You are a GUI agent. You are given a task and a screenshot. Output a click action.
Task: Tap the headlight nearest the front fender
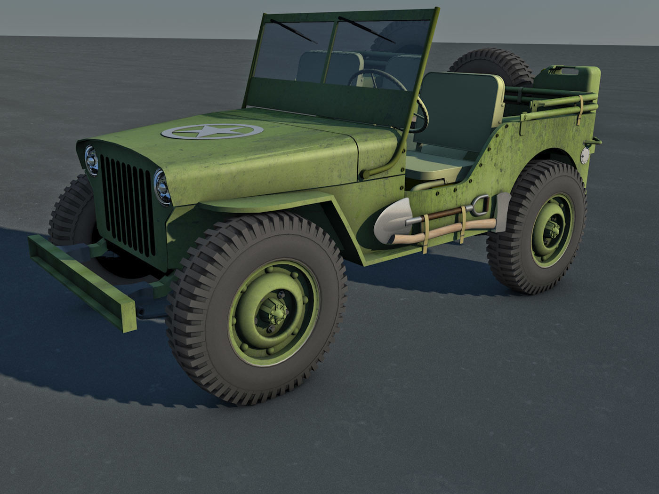[162, 187]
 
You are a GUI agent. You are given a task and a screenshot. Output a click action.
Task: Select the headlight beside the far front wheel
[91, 160]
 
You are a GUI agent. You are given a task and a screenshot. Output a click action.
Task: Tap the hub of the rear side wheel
[552, 230]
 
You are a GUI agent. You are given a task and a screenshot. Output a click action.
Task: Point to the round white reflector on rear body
[585, 155]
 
